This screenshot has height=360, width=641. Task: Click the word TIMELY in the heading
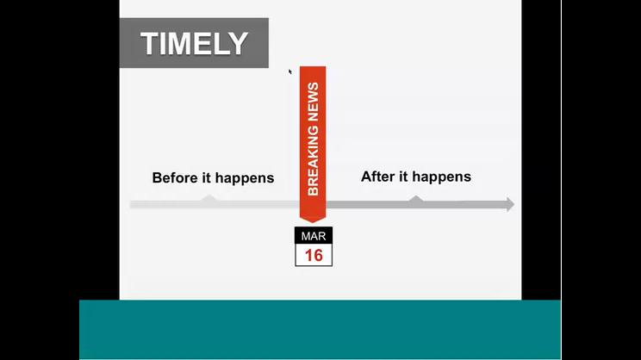coord(194,43)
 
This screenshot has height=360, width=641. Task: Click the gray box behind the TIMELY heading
coord(194,43)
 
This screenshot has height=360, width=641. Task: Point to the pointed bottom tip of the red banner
coord(313,222)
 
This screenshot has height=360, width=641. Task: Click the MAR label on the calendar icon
coord(314,236)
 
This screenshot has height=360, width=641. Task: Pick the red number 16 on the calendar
coord(314,256)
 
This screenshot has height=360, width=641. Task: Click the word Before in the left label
coord(175,177)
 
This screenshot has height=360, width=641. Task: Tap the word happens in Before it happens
coord(245,178)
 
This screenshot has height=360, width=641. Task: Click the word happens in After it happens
coord(441,177)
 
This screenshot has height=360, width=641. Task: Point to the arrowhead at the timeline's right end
coord(510,204)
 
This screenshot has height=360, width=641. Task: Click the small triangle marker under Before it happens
coord(209,198)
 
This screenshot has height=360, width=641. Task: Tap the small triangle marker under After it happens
coord(416,199)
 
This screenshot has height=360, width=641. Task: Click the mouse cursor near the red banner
coord(289,72)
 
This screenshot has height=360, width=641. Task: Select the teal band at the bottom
coord(320,329)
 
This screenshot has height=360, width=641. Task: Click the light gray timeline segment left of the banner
coord(215,205)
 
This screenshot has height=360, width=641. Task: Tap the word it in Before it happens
coord(207,177)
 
